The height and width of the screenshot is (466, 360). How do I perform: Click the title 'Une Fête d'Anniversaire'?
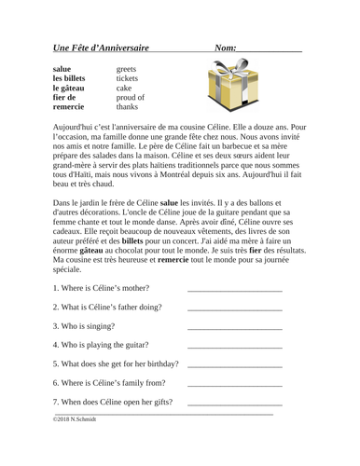[x=101, y=48]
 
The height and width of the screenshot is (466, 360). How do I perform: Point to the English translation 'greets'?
[x=127, y=69]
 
